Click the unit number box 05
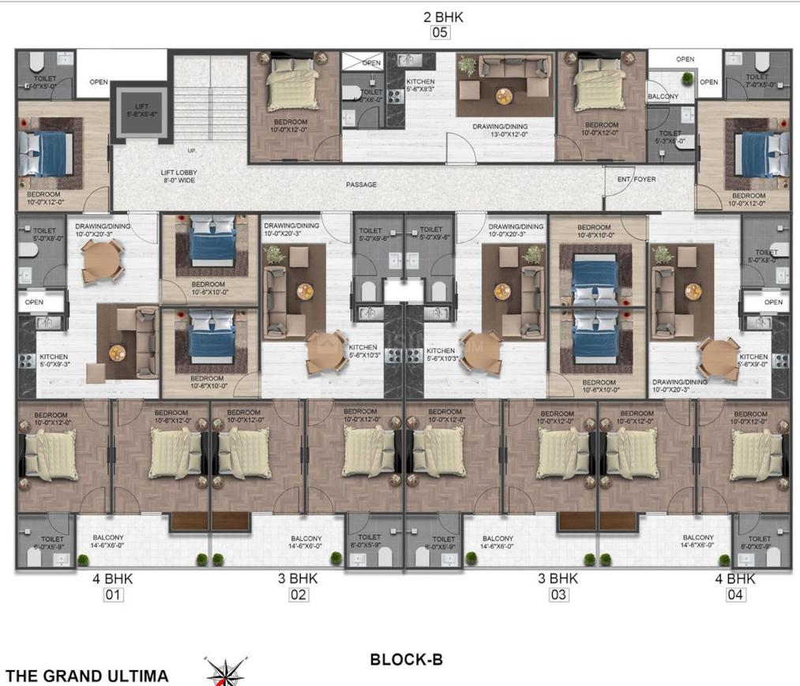439,33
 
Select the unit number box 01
113,594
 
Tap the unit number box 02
298,594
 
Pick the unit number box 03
558,594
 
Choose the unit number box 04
735,594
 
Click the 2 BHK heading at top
439,16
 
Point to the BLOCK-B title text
406,660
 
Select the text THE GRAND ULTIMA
87,676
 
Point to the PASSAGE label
361,185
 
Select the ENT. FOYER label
637,179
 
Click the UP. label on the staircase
191,150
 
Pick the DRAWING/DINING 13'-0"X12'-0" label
500,130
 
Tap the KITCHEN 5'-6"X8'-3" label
419,85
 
